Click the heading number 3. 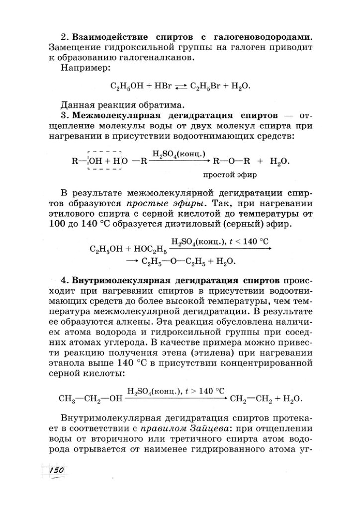point(63,115)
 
